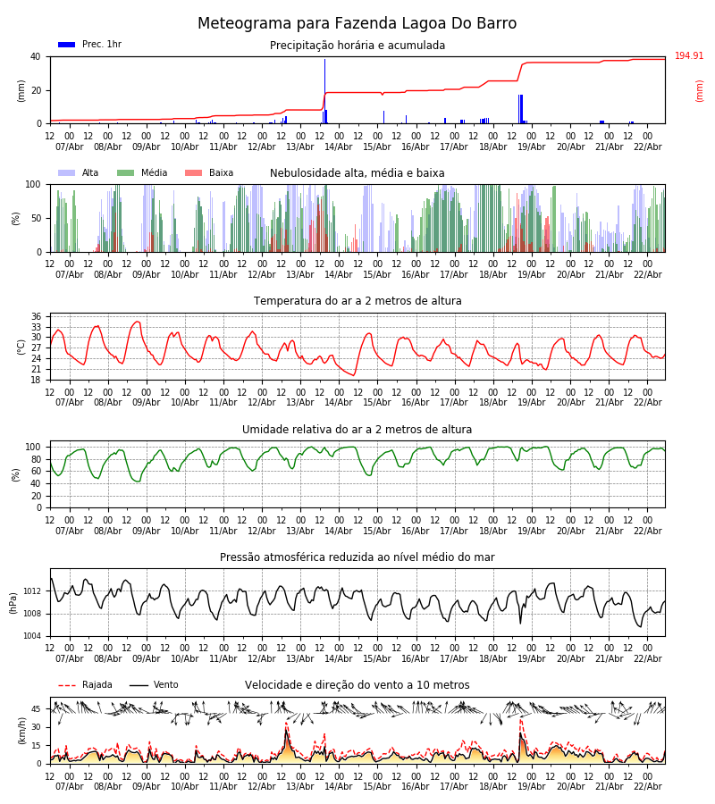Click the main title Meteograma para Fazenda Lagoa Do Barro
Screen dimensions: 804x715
(x=357, y=24)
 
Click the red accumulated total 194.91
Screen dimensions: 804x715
(x=689, y=56)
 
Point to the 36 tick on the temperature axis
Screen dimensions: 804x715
(x=36, y=317)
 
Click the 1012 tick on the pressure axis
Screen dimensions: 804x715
(x=31, y=591)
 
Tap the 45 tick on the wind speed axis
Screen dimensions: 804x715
(x=36, y=709)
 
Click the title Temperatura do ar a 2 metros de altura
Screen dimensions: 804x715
(x=357, y=301)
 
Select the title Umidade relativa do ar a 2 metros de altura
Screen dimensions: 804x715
(x=357, y=430)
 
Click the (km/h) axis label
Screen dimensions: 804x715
(x=21, y=731)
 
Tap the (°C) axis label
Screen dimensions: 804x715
(x=21, y=346)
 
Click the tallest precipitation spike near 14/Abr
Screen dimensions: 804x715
(x=324, y=89)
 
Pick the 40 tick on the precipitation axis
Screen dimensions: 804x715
(x=36, y=56)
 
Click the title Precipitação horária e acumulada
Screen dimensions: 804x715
(x=357, y=46)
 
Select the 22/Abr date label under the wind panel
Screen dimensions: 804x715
(x=647, y=786)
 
